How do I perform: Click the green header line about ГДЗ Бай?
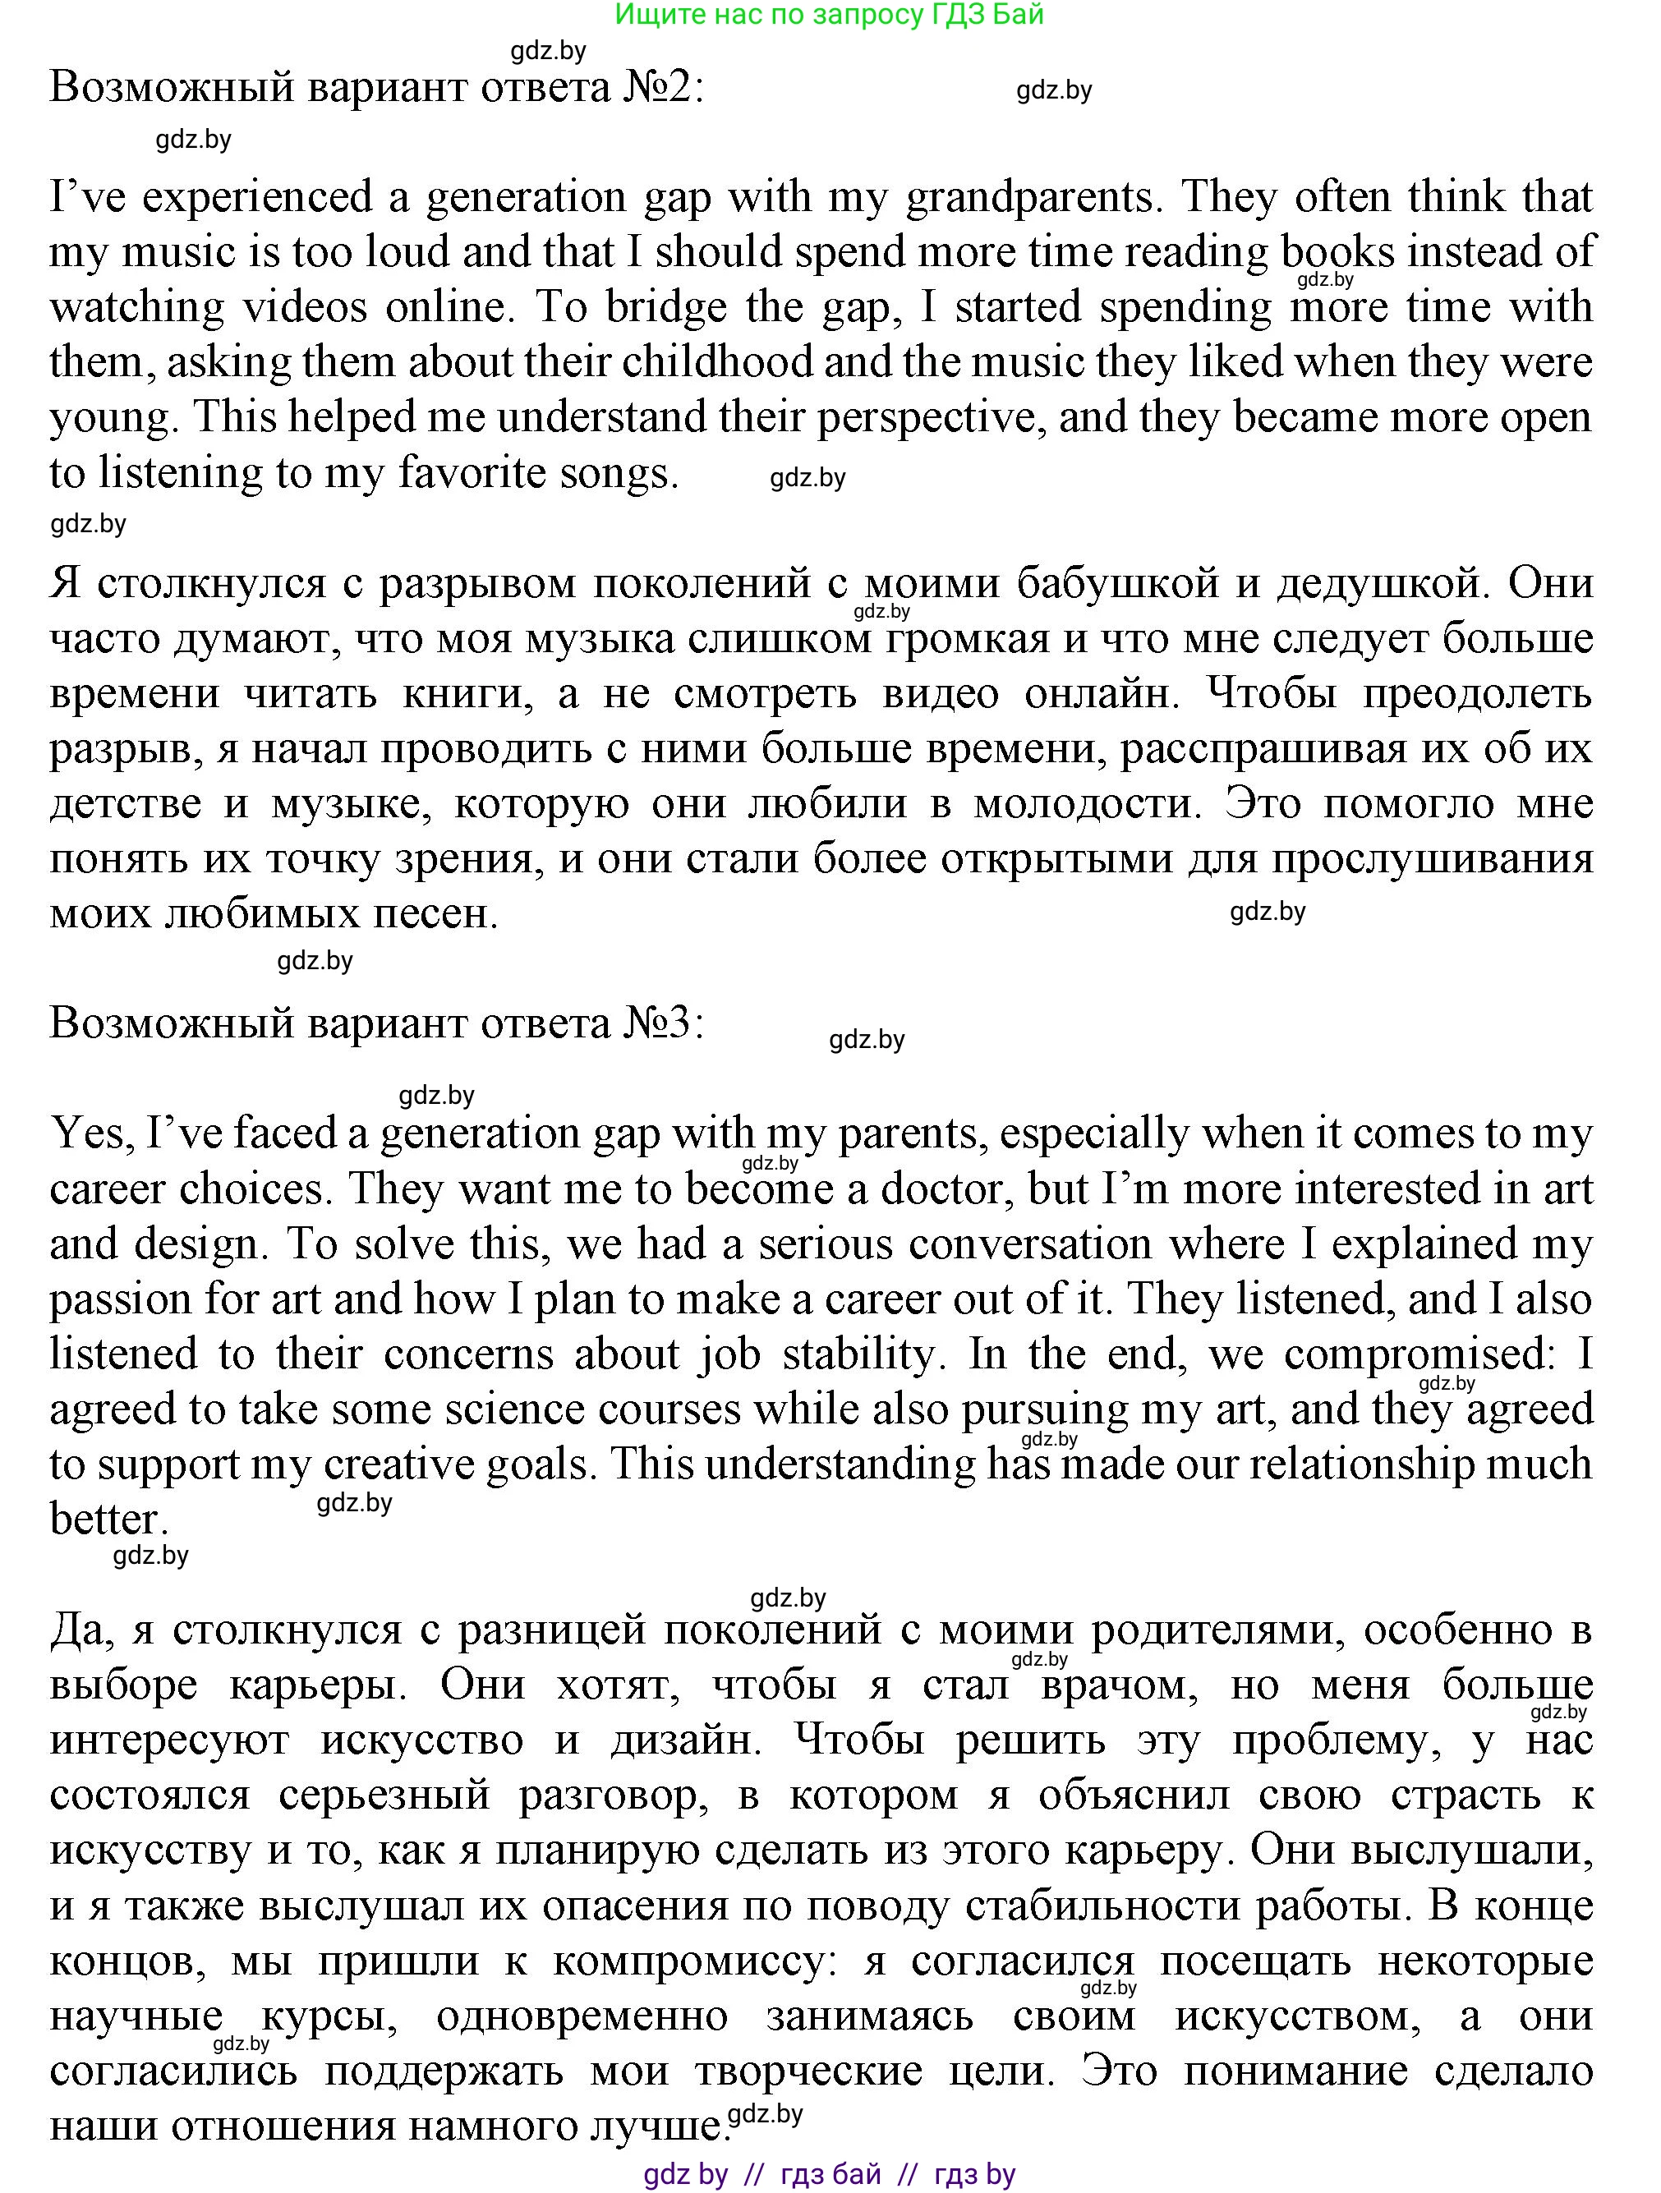point(829,15)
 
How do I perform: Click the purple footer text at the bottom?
point(829,2174)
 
